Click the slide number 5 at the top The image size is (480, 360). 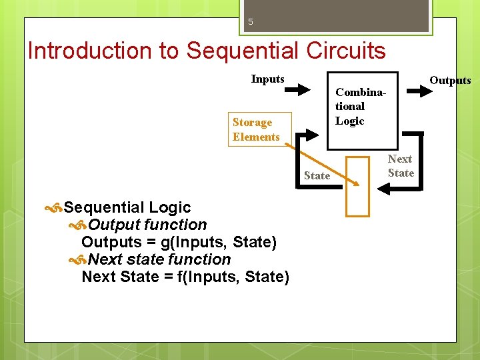[251, 21]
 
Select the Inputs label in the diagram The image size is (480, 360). [267, 79]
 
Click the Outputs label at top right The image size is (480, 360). [450, 81]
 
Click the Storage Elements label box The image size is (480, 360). [256, 129]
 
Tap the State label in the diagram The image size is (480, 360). [317, 176]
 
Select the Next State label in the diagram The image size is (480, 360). [401, 166]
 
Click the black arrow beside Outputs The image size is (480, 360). [419, 90]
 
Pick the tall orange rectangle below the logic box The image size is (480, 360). [358, 187]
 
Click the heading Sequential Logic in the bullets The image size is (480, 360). [127, 208]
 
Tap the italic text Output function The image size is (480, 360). [147, 225]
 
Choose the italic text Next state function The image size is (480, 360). [159, 259]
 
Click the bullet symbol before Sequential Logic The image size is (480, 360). [54, 209]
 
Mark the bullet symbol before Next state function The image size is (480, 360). [79, 260]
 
